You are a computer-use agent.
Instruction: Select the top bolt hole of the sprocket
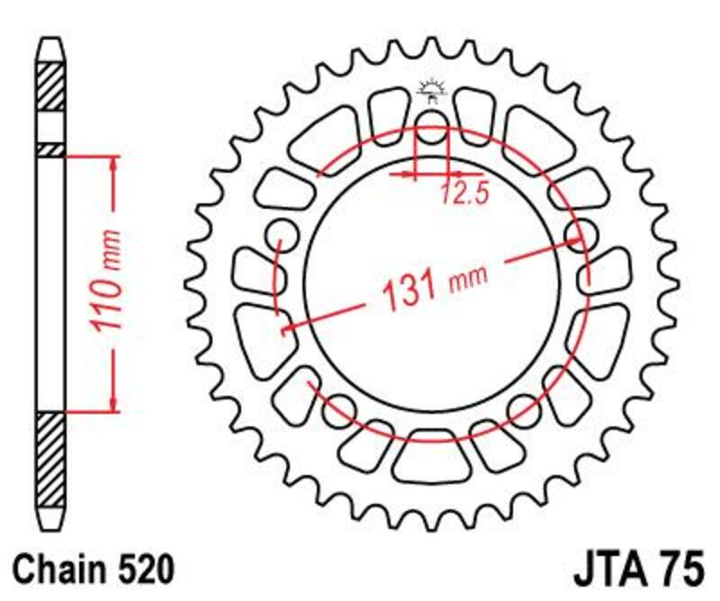click(432, 120)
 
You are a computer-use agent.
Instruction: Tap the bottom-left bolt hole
click(339, 409)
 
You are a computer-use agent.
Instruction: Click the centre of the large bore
click(432, 279)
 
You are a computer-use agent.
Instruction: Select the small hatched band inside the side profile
click(51, 148)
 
